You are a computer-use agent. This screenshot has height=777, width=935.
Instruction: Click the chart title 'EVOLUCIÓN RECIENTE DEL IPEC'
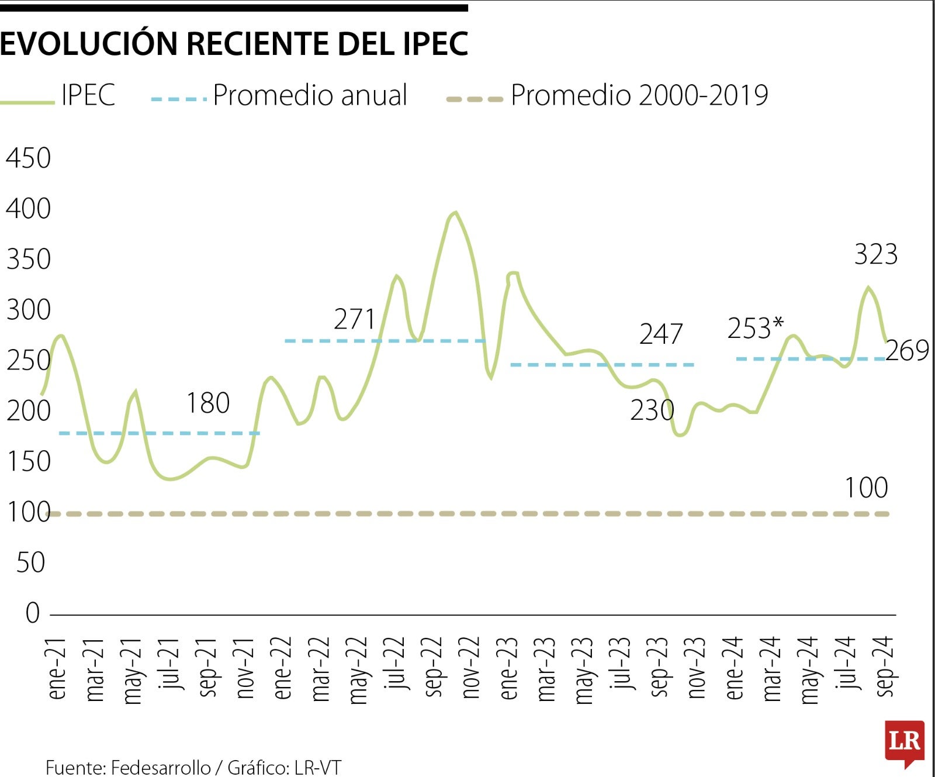click(234, 43)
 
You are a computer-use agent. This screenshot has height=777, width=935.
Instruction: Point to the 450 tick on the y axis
click(28, 158)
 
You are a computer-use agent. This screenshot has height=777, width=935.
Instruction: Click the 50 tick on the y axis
click(30, 562)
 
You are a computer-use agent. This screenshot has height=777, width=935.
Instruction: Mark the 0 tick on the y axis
click(33, 613)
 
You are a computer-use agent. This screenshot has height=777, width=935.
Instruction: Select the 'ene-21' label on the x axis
click(57, 668)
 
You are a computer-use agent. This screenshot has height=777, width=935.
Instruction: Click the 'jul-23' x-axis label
click(621, 663)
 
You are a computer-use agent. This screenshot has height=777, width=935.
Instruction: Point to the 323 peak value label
click(875, 254)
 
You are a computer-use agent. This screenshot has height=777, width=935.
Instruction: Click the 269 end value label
click(906, 351)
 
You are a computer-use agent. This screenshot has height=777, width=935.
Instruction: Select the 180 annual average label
click(207, 403)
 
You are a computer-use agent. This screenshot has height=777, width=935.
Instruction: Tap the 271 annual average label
click(354, 319)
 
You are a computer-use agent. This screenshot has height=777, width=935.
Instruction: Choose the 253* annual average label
click(755, 328)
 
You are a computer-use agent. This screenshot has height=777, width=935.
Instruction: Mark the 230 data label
click(652, 410)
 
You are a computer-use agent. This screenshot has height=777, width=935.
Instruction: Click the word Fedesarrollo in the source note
click(161, 767)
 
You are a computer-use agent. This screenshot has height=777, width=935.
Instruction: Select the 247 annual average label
click(660, 334)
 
